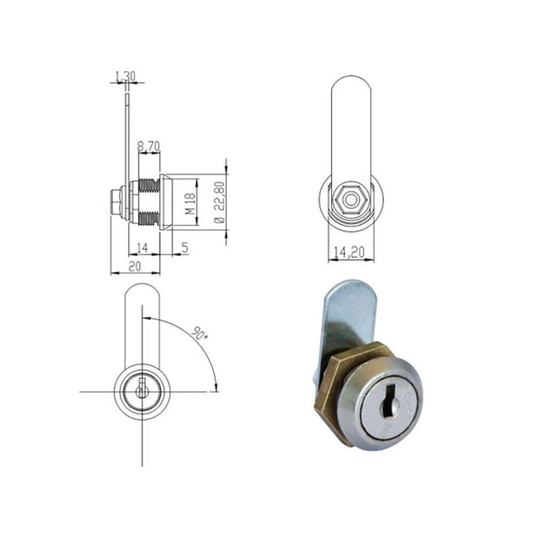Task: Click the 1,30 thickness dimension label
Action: (124, 77)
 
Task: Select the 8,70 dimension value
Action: (149, 145)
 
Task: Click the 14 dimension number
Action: (141, 248)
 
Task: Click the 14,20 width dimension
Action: (349, 254)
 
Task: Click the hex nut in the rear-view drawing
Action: (350, 198)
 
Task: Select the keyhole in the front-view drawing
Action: (142, 390)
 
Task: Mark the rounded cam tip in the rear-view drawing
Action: (350, 91)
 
